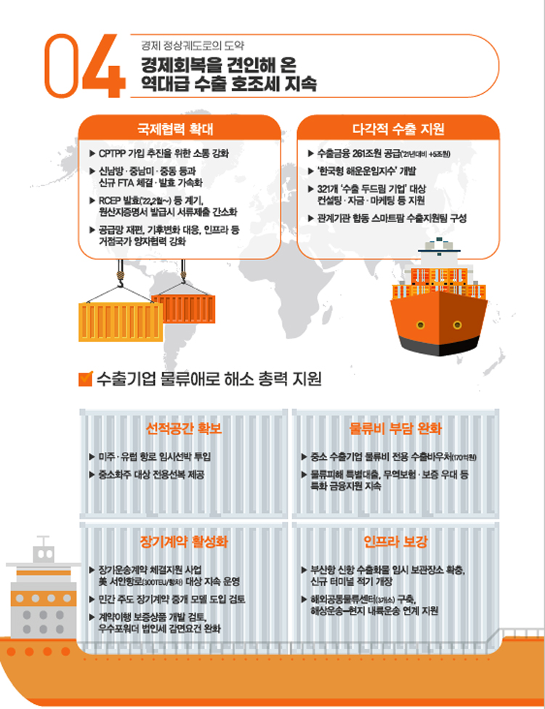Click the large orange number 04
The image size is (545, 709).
pyautogui.click(x=82, y=65)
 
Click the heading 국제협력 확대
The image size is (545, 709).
pyautogui.click(x=179, y=129)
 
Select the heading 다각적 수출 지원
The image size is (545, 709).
pyautogui.click(x=397, y=129)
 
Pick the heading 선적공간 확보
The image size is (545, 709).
pyautogui.click(x=184, y=428)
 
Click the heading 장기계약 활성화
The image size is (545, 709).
pyautogui.click(x=184, y=542)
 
